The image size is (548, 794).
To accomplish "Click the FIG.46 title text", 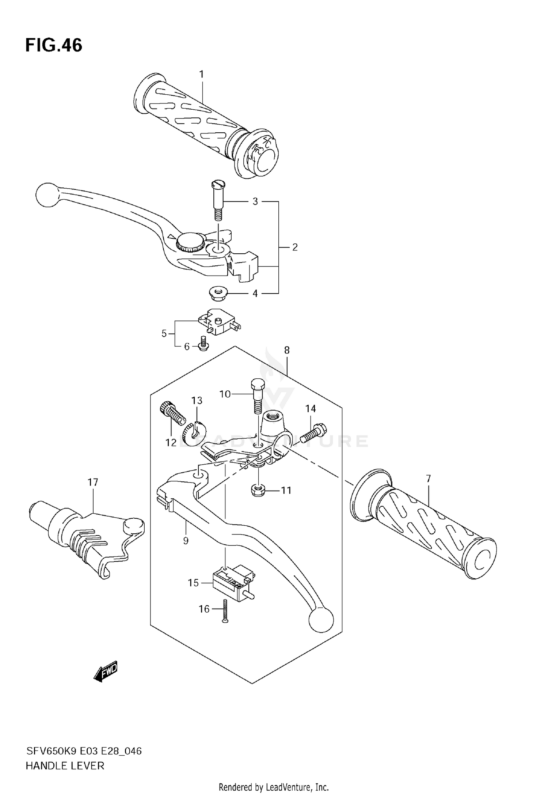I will (x=54, y=46).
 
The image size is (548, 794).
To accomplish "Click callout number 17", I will (x=93, y=482).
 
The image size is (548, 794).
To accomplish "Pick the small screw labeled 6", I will (x=203, y=344).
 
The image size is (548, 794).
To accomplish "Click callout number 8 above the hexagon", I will (x=287, y=350).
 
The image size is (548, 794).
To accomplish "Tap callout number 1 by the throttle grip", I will (x=201, y=74).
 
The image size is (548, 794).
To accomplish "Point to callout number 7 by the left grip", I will (x=428, y=478).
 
